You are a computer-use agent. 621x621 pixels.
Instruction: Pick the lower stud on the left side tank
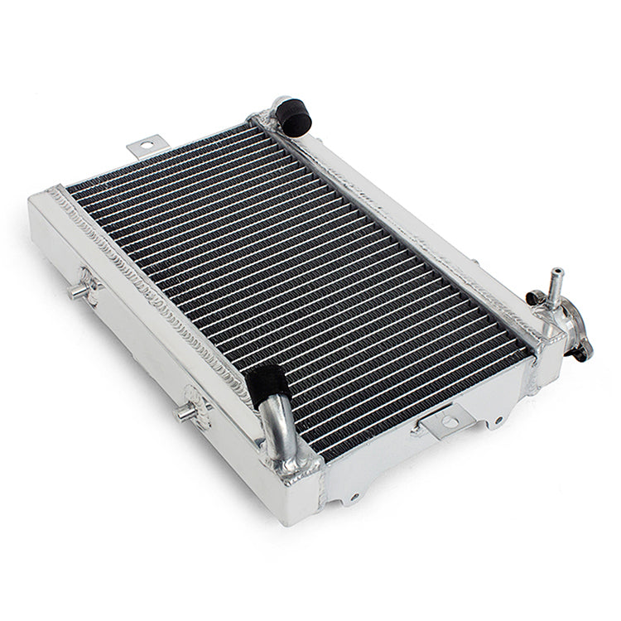(185, 412)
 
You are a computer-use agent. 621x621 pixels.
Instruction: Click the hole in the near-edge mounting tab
(448, 422)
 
